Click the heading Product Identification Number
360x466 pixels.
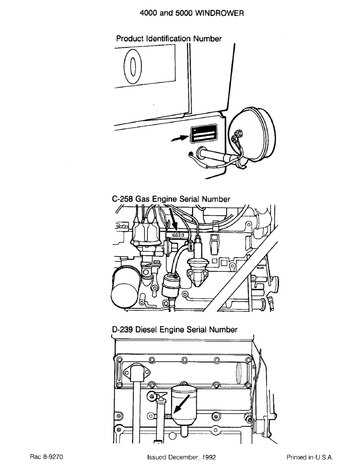(168, 39)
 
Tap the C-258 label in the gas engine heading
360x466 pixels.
(123, 199)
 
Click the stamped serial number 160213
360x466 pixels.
(179, 236)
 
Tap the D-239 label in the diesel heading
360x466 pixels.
(123, 329)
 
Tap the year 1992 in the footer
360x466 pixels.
(205, 457)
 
